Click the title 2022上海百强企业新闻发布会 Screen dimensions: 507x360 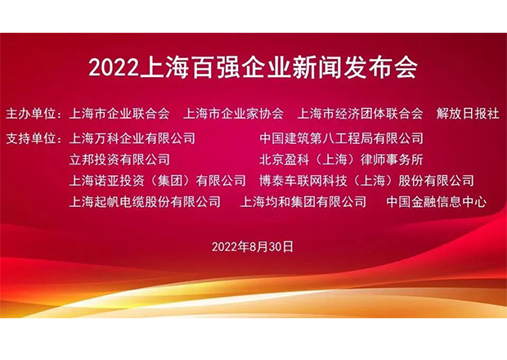coord(253,68)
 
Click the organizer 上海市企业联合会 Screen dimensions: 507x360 coord(119,114)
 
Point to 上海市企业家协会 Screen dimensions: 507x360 coord(233,114)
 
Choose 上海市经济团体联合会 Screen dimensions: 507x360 coord(360,114)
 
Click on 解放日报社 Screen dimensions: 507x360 coord(468,114)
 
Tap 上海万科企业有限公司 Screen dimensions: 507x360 coord(132,138)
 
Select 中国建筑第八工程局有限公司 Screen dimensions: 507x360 coord(341,138)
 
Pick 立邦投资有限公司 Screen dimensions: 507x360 coord(119,160)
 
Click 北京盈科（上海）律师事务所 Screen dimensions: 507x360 coord(341,160)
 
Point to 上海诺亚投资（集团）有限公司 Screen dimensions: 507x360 coord(158,181)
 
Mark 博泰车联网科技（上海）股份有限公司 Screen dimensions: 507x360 coord(366,181)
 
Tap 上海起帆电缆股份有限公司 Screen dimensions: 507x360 coord(145,202)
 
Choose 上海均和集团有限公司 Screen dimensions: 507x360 coord(303,202)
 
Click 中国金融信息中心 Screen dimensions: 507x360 coord(436,202)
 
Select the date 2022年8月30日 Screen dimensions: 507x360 coord(253,247)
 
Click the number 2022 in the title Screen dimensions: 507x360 coord(113,68)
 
